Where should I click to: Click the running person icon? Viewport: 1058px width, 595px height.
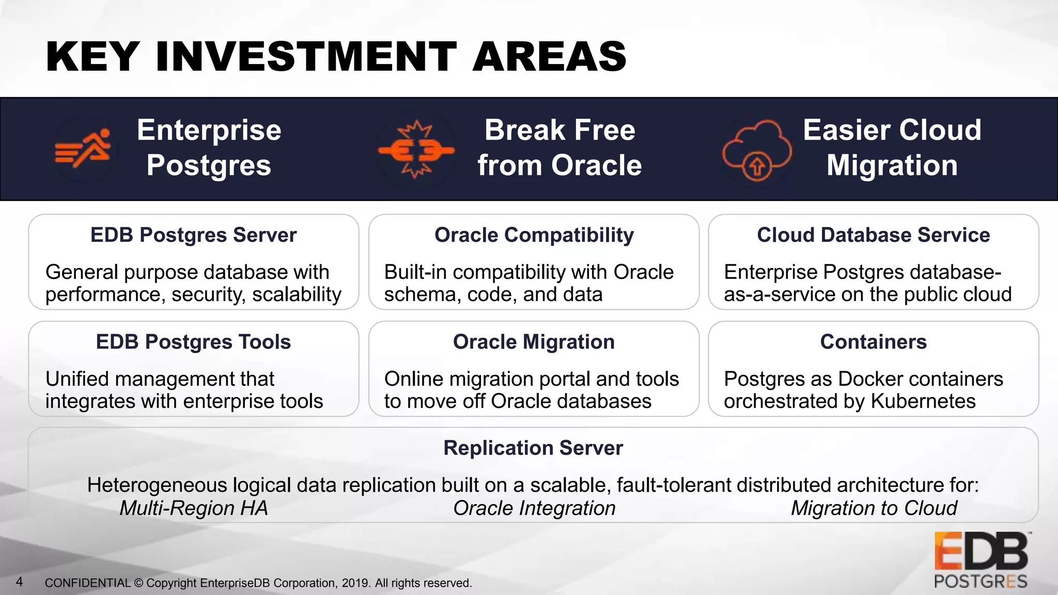click(84, 149)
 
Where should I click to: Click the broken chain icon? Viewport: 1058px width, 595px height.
click(416, 150)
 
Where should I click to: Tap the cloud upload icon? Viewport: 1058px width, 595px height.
click(756, 150)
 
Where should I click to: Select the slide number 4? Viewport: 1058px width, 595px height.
click(20, 582)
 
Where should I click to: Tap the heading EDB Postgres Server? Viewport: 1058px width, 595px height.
click(193, 235)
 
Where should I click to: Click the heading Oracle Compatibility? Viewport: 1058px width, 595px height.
click(534, 235)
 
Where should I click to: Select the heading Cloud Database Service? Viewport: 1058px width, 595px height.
click(873, 235)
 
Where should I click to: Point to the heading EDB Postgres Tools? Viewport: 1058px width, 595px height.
click(193, 342)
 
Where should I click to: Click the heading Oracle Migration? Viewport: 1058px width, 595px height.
click(534, 342)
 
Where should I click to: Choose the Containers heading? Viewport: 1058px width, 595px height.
click(873, 342)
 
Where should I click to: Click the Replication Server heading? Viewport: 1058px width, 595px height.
click(533, 448)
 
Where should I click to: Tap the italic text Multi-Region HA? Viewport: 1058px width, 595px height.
click(194, 508)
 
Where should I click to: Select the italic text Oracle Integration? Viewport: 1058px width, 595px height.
click(534, 508)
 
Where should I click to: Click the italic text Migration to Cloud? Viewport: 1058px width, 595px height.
click(874, 508)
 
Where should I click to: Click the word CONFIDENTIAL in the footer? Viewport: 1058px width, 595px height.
click(88, 583)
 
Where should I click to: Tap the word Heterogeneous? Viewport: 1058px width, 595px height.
click(157, 486)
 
